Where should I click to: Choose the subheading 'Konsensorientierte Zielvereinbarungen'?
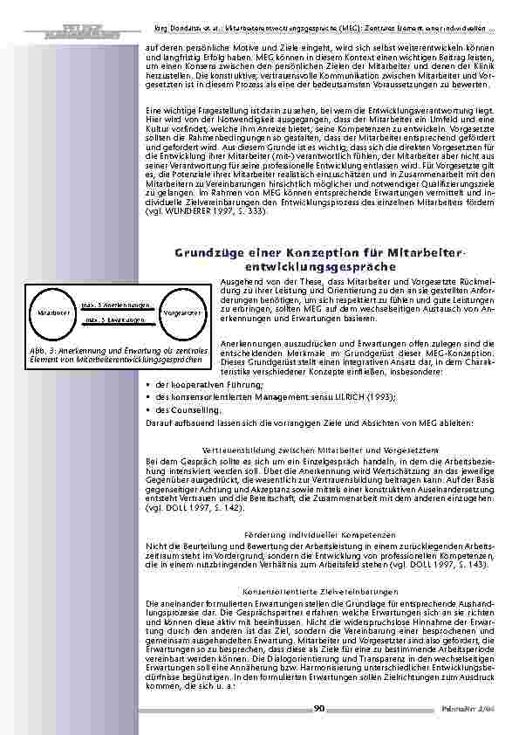320,591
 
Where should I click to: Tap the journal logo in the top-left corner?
60,12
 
